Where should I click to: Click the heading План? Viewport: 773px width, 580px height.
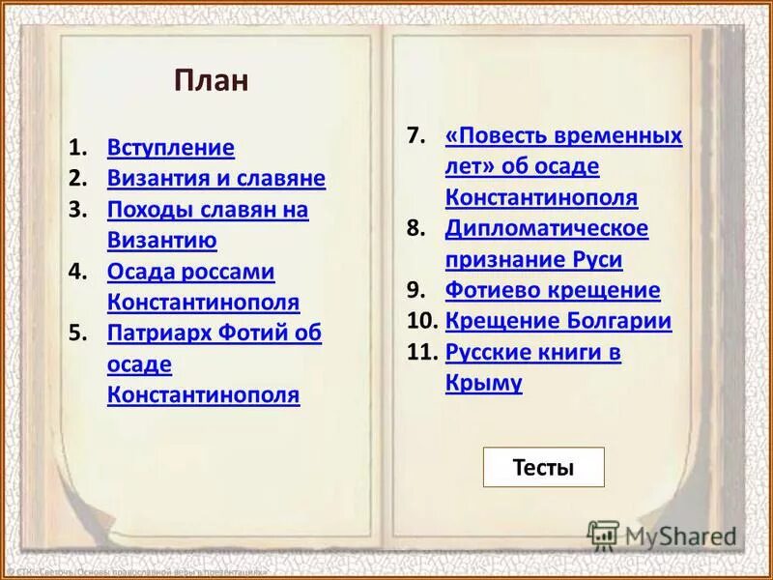[212, 80]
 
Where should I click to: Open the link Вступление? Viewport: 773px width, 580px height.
[171, 148]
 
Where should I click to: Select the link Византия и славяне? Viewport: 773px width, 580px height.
[216, 179]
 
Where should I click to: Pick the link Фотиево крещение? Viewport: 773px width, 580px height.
[553, 291]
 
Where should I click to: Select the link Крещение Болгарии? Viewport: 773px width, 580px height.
[558, 322]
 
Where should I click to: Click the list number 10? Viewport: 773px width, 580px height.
[420, 322]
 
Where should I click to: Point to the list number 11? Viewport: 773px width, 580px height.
[420, 353]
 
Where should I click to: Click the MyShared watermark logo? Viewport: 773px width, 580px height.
[662, 534]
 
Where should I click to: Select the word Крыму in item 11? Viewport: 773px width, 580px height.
[484, 384]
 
